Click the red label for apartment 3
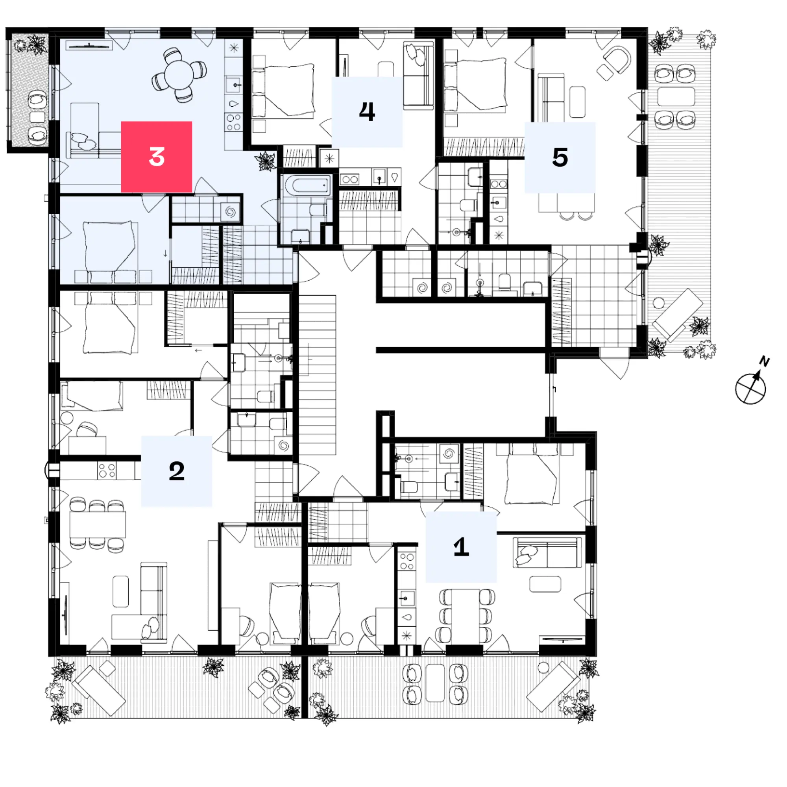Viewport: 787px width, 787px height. [x=157, y=157]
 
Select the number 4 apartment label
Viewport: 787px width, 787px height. [x=367, y=112]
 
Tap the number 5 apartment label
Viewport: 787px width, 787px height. [x=560, y=157]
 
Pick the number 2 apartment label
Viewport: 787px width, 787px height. [x=176, y=471]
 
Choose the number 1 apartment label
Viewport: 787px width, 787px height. [x=461, y=546]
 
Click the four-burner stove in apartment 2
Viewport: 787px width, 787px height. [x=107, y=471]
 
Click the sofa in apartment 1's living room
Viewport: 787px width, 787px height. [x=547, y=553]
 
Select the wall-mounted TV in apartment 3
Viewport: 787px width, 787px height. [x=89, y=46]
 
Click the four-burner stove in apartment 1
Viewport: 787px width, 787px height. [x=406, y=561]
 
